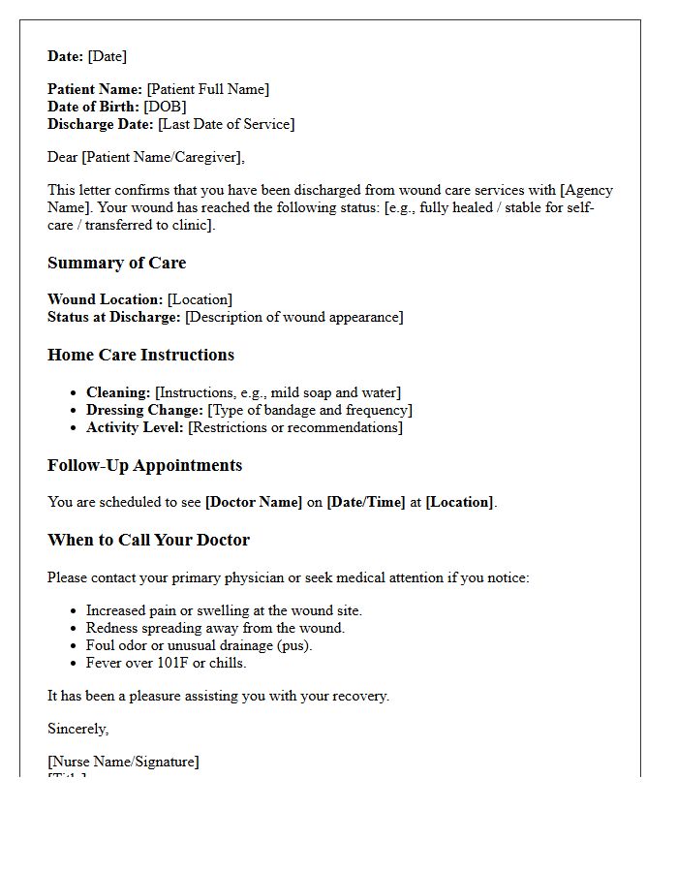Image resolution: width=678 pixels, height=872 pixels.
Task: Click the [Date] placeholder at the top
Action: pyautogui.click(x=107, y=56)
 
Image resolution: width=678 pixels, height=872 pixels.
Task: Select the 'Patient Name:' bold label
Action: pyautogui.click(x=95, y=89)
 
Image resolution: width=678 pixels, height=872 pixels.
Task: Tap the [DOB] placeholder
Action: pyautogui.click(x=165, y=107)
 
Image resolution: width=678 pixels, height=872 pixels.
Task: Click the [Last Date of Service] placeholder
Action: pyautogui.click(x=226, y=124)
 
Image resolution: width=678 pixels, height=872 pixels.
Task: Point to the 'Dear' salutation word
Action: pyautogui.click(x=63, y=157)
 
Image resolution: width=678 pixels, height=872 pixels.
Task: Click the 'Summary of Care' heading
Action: pyautogui.click(x=116, y=263)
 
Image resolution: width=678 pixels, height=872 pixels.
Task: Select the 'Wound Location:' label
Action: pyautogui.click(x=106, y=299)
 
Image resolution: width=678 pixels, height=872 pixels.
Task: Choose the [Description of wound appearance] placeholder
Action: pyautogui.click(x=293, y=317)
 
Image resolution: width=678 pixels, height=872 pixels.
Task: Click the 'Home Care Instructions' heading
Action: pyautogui.click(x=140, y=355)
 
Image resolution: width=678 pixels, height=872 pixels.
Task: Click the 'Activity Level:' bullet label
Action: pyautogui.click(x=135, y=427)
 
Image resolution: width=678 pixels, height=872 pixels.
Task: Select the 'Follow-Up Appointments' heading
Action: pyautogui.click(x=144, y=465)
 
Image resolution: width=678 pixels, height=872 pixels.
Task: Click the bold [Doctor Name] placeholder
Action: pyautogui.click(x=254, y=502)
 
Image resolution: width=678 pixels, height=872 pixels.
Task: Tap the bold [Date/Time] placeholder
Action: pyautogui.click(x=366, y=502)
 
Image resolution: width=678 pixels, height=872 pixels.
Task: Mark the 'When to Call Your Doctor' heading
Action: pyautogui.click(x=148, y=540)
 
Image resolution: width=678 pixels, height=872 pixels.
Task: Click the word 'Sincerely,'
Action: pyautogui.click(x=78, y=729)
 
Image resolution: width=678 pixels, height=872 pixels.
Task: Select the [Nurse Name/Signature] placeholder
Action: pyautogui.click(x=123, y=762)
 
